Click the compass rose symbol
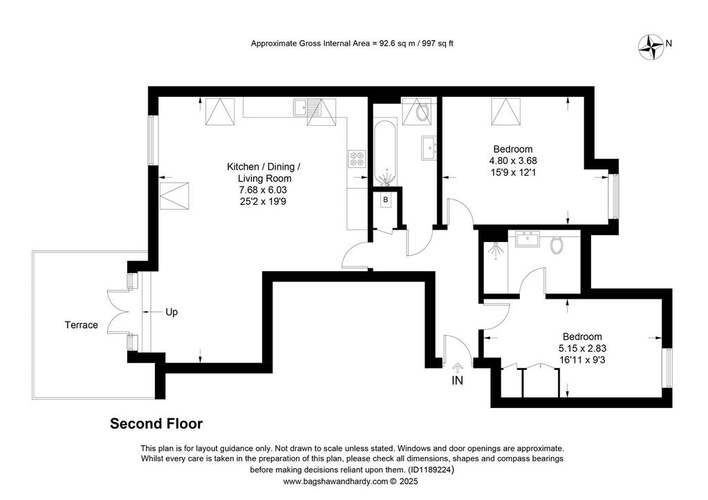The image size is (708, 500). (x=651, y=46)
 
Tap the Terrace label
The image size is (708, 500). (x=82, y=325)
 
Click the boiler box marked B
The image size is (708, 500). (x=386, y=200)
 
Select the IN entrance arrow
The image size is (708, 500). (x=458, y=366)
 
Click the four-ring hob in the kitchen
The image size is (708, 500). (x=357, y=158)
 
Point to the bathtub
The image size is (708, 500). (x=386, y=153)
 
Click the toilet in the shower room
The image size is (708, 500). (x=557, y=244)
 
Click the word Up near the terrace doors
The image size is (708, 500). (x=171, y=312)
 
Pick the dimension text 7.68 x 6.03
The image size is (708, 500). (x=263, y=190)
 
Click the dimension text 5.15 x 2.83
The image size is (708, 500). (x=582, y=349)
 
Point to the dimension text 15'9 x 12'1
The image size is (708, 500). (x=513, y=172)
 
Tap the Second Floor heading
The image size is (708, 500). (x=156, y=424)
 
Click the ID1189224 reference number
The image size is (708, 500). (x=430, y=470)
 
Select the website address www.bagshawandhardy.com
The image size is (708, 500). (x=335, y=481)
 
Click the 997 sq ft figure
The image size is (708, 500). (x=438, y=44)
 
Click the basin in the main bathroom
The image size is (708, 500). (x=429, y=148)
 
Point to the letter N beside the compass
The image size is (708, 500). (x=669, y=44)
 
